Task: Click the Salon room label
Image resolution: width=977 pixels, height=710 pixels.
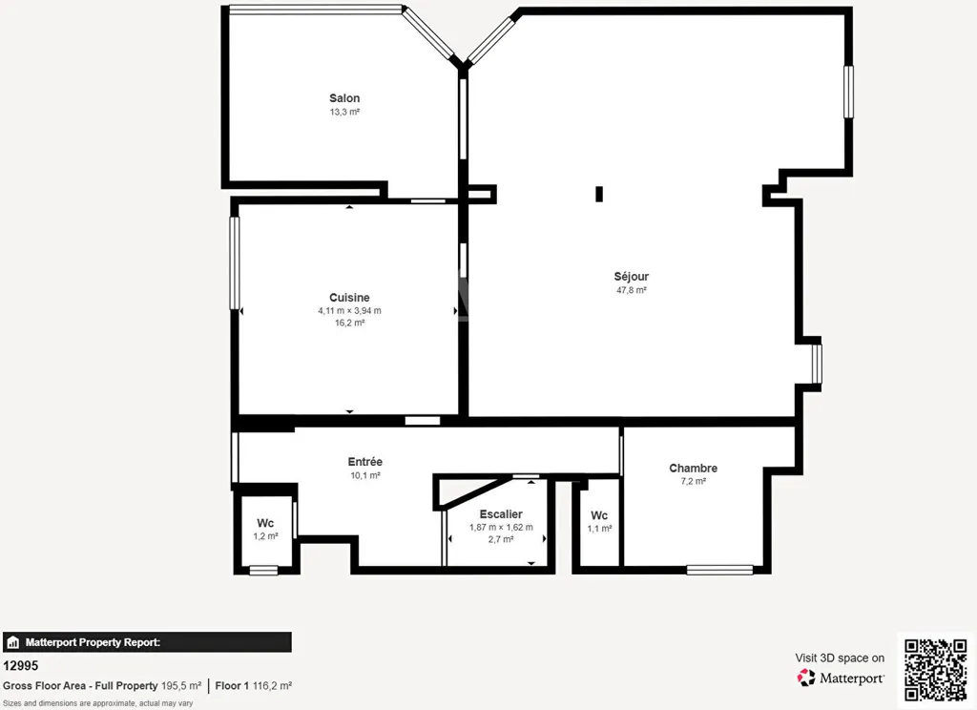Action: point(344,98)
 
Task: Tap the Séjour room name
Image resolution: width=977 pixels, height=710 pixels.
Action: point(632,276)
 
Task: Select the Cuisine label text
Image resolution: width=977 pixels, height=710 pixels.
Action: point(349,298)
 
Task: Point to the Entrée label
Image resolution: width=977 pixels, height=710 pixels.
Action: point(365,461)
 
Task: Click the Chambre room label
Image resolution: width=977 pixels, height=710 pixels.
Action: point(693,468)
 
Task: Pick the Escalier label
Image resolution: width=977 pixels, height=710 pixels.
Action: point(501,513)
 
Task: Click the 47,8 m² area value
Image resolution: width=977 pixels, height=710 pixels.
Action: point(632,290)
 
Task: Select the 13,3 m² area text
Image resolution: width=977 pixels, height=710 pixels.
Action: point(344,113)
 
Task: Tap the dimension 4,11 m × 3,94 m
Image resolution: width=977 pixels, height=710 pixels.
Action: point(349,310)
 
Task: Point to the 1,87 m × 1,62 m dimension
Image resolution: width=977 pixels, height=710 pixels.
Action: point(501,527)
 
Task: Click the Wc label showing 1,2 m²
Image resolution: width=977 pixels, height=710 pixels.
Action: point(265,522)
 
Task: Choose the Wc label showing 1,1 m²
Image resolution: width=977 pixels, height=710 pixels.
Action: point(599,515)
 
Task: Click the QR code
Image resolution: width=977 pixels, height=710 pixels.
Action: point(936,670)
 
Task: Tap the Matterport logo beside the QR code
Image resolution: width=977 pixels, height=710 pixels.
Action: point(841,678)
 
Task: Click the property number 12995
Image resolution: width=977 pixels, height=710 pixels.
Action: point(21,666)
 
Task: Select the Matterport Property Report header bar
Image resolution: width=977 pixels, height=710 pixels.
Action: point(147,642)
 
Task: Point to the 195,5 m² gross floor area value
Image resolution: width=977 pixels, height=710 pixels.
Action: point(181,686)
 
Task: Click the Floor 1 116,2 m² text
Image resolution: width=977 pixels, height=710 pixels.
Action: point(254,686)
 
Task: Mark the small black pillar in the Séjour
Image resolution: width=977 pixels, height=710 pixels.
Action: point(599,194)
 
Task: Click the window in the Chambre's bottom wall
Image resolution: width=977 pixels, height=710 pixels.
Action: point(719,570)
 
